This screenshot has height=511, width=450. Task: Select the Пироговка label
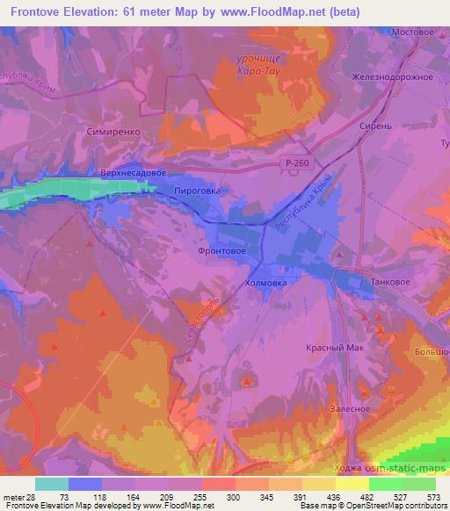[x=199, y=189]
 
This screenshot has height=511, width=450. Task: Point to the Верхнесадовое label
[x=134, y=173]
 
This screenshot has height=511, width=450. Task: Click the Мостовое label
[x=413, y=32]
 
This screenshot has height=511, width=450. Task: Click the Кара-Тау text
[x=257, y=71]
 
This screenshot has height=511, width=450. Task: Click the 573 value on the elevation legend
[x=434, y=498]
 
